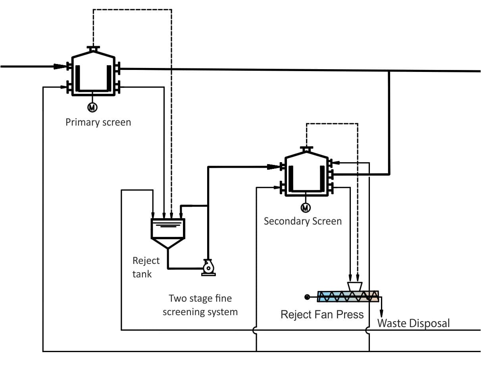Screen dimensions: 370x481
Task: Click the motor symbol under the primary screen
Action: (x=92, y=107)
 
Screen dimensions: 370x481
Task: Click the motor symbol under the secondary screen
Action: (x=306, y=207)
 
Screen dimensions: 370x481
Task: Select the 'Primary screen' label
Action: (x=98, y=122)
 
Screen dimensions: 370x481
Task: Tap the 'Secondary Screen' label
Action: (x=302, y=221)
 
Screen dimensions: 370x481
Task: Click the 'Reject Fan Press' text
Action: (x=322, y=314)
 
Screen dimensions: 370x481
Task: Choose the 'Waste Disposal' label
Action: (x=413, y=323)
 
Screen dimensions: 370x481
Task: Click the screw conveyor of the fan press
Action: (x=348, y=296)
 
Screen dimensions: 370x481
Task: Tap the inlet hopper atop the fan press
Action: (x=354, y=286)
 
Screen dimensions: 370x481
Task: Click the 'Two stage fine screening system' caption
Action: (x=200, y=305)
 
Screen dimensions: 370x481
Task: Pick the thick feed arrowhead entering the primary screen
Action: (x=61, y=66)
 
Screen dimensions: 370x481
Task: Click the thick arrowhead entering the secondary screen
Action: (x=273, y=167)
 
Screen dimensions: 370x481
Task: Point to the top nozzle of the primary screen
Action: (x=93, y=48)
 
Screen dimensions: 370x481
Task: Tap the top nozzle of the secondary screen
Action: (x=306, y=149)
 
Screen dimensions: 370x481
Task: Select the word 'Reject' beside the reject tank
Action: (x=146, y=261)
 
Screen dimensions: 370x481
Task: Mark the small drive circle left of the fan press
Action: (x=307, y=296)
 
